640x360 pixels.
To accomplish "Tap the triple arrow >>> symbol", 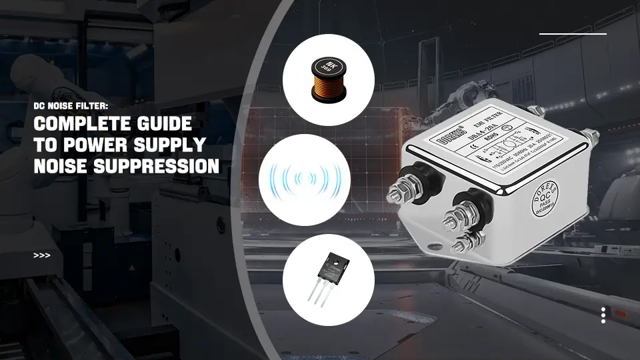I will [x=41, y=255].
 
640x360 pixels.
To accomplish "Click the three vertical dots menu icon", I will [x=603, y=315].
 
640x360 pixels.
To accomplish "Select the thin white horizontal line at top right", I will [x=573, y=33].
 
